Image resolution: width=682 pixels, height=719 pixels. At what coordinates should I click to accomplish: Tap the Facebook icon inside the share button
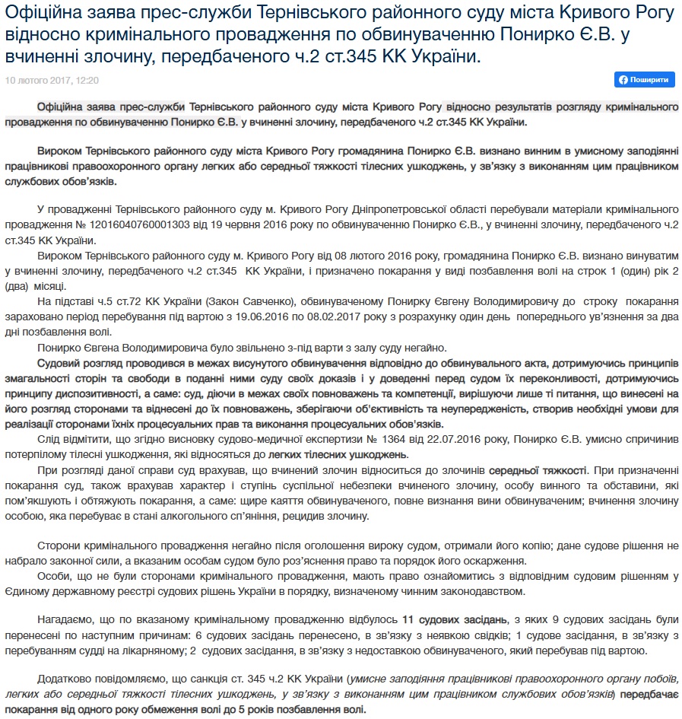tap(624, 80)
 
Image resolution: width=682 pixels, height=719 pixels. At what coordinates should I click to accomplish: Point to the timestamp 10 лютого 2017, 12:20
tap(52, 80)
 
